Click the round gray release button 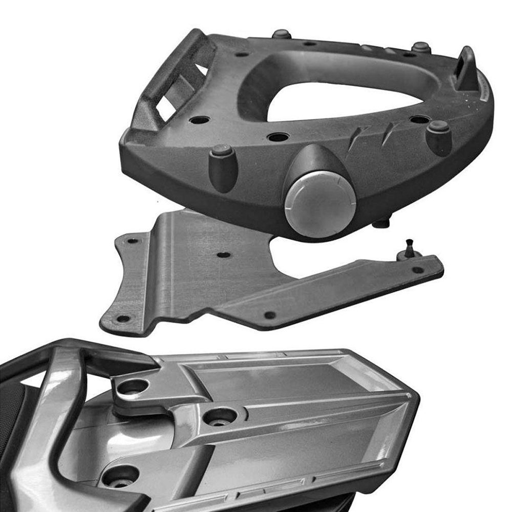(313, 200)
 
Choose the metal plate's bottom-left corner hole (123, 318)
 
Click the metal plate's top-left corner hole (133, 240)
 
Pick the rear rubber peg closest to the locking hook (421, 48)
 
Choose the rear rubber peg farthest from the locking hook (281, 35)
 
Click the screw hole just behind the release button (278, 137)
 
